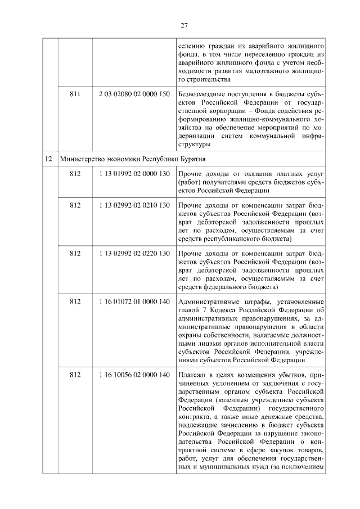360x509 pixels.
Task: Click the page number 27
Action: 184,25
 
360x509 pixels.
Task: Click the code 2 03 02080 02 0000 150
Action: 133,93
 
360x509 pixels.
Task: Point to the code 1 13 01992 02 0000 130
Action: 133,174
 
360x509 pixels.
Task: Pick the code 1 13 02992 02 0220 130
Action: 133,253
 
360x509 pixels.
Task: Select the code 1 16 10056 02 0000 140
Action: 133,375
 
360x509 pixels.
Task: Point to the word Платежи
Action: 193,375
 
